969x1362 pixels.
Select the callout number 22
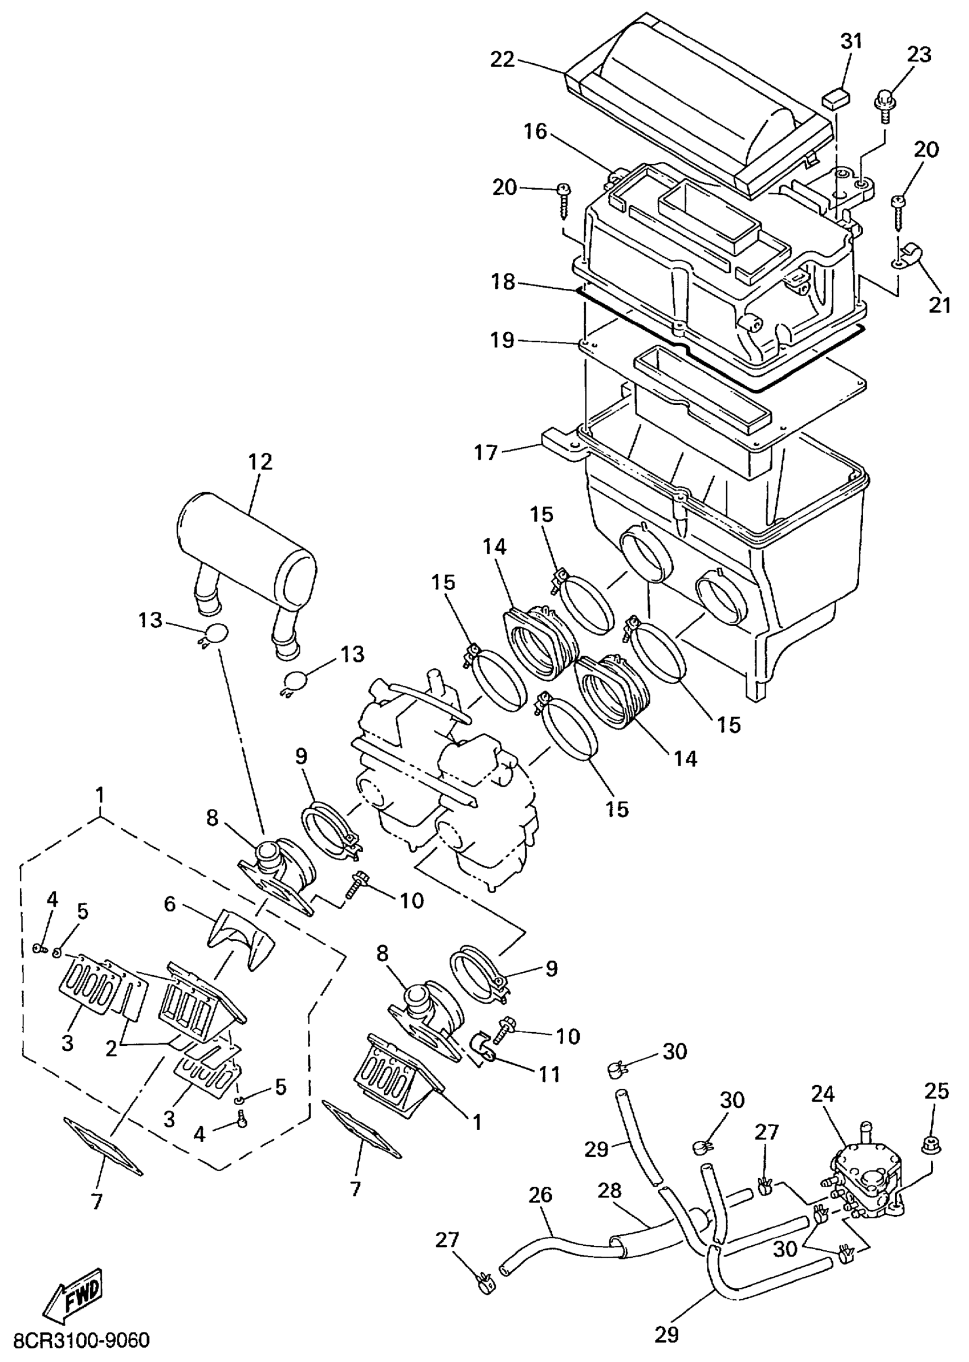[x=502, y=60]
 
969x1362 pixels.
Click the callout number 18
[x=502, y=282]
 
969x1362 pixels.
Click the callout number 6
[x=170, y=905]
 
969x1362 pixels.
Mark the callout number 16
[x=535, y=132]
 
